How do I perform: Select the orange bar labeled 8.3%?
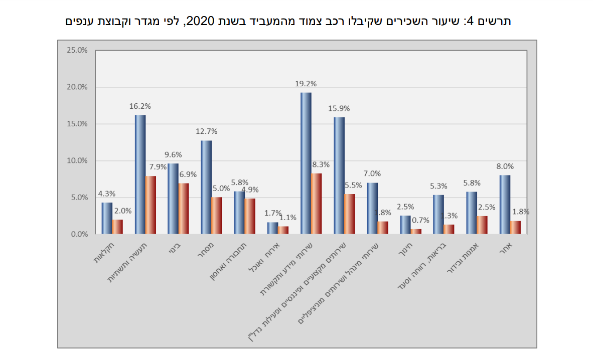[x=316, y=204]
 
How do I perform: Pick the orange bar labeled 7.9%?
[x=151, y=205]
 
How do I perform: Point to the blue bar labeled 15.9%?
[x=339, y=175]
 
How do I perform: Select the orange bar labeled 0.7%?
[x=416, y=232]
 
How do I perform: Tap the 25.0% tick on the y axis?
[x=77, y=50]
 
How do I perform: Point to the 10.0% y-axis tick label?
[x=77, y=161]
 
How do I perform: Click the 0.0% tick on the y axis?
[x=79, y=234]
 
